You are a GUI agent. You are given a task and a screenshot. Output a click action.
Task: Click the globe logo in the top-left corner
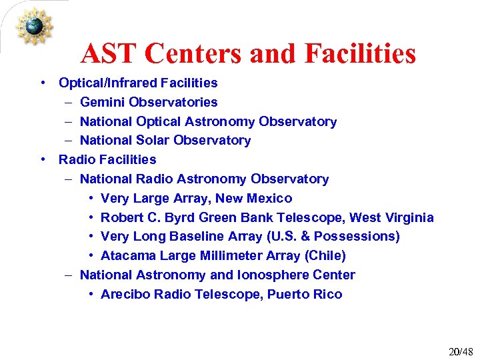click(34, 26)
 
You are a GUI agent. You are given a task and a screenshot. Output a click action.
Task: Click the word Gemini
click(103, 102)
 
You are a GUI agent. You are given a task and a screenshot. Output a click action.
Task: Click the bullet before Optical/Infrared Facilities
click(43, 83)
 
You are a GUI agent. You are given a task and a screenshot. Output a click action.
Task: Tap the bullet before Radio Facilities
click(43, 159)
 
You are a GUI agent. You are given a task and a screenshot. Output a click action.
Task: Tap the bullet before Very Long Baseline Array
click(91, 237)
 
